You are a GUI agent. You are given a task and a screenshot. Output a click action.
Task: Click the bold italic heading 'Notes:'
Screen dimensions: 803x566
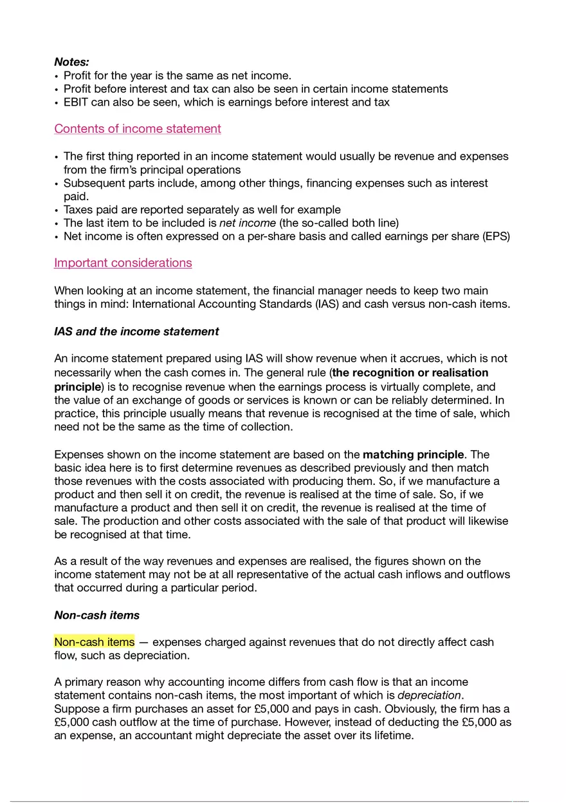(71, 62)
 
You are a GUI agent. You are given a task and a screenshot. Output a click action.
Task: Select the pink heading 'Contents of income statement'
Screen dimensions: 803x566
(138, 129)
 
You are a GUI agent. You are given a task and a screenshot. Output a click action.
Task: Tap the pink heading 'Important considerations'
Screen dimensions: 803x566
(123, 263)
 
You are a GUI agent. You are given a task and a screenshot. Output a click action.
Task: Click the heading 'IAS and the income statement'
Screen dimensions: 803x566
(136, 332)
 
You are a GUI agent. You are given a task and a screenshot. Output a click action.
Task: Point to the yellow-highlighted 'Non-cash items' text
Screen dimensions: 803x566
(95, 642)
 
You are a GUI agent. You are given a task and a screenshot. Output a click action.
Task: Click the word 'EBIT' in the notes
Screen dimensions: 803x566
(77, 102)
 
